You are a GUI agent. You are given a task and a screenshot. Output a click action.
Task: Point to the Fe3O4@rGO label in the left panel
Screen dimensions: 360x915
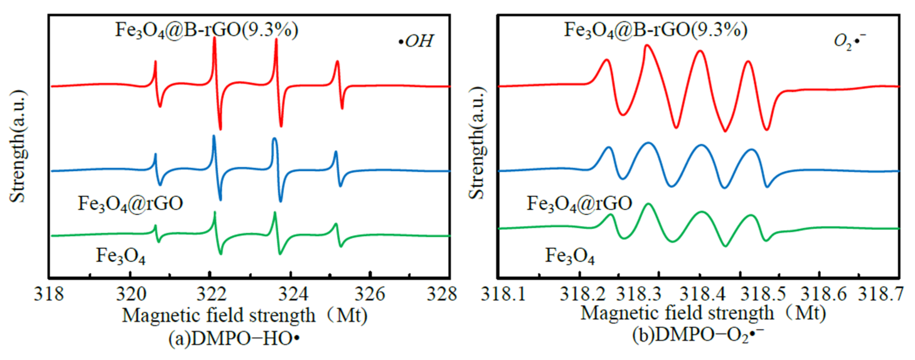tap(130, 204)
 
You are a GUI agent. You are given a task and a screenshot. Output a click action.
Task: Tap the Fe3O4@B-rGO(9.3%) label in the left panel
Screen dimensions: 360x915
tap(206, 30)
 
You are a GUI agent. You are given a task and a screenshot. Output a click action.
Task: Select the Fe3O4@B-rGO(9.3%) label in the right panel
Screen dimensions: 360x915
tap(656, 30)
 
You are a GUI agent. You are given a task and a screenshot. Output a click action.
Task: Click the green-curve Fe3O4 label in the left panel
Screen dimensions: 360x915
tap(120, 256)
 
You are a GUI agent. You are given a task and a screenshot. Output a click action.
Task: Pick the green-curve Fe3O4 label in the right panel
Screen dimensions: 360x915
tap(570, 256)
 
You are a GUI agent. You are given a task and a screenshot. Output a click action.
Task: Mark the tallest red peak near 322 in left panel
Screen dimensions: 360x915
tap(214, 38)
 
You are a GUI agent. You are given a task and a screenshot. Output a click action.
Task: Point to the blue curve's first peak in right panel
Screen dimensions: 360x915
tap(609, 147)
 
